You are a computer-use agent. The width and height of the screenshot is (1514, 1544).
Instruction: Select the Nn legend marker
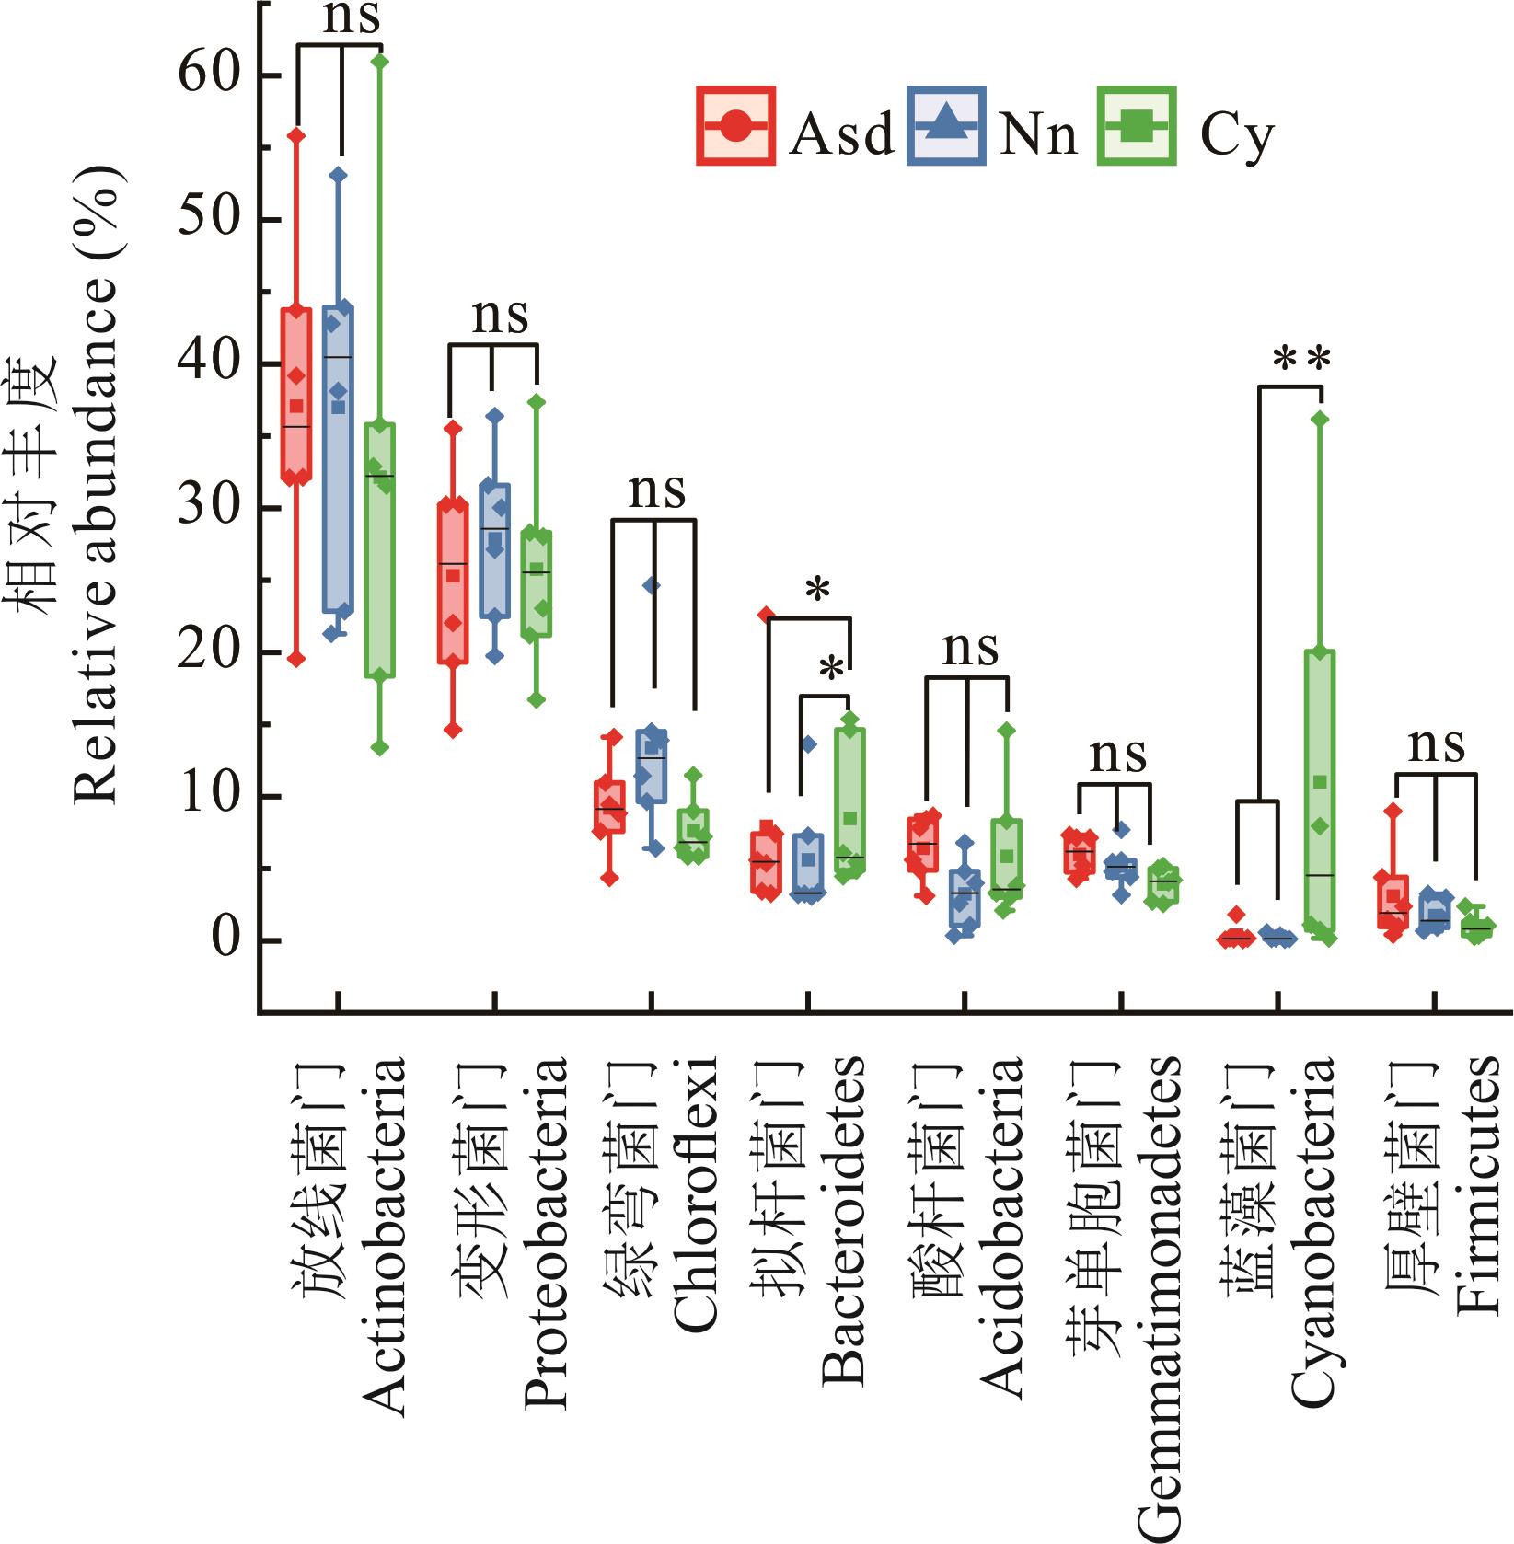946,126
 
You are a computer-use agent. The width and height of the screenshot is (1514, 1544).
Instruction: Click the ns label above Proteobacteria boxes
500,316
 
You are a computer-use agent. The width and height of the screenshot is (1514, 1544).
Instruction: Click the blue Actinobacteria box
338,458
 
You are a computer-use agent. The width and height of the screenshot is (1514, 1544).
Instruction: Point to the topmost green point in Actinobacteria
380,61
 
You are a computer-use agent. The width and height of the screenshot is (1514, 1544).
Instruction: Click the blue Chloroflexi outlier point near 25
652,585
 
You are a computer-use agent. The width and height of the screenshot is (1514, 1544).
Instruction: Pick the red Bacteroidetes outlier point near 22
766,614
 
